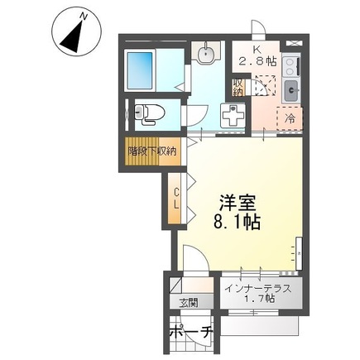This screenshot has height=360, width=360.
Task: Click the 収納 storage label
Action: [x=238, y=87]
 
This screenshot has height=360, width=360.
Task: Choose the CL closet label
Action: [x=176, y=198]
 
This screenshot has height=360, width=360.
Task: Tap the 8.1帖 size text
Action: [x=237, y=223]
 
